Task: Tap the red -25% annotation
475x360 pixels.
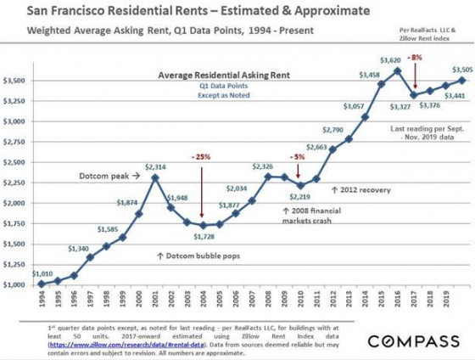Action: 201,158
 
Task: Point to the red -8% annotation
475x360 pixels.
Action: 415,57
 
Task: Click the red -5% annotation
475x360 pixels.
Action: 298,157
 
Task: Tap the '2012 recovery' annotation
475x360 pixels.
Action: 363,189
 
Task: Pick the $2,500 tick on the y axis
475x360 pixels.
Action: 16,162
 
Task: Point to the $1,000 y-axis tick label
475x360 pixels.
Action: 16,284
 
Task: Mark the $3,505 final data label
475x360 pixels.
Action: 461,70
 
